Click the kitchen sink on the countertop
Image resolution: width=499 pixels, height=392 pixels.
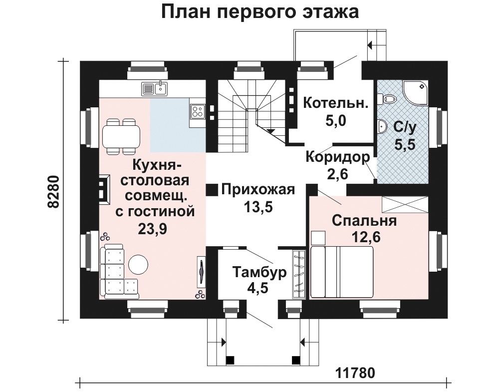(154, 88)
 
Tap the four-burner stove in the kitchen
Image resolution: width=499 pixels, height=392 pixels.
(197, 111)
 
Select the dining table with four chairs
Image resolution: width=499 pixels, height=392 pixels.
(121, 137)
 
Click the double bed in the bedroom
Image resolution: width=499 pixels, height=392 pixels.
(341, 272)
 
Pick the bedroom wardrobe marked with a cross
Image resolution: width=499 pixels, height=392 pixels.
(405, 204)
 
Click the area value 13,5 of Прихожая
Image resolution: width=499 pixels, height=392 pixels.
(258, 207)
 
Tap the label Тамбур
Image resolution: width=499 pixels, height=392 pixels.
(259, 273)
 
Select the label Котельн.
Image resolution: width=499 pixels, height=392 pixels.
(336, 103)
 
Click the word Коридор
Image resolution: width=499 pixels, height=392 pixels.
(338, 157)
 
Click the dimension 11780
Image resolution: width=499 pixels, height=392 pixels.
(355, 373)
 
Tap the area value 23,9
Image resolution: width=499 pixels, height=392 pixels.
(152, 228)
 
